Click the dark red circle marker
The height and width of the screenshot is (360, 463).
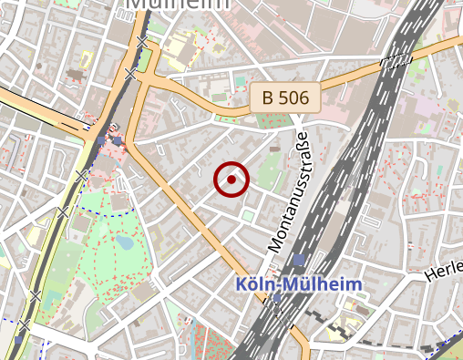pyautogui.click(x=231, y=180)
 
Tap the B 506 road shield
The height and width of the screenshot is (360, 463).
pyautogui.click(x=285, y=97)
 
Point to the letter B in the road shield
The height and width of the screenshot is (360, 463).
pyautogui.click(x=267, y=97)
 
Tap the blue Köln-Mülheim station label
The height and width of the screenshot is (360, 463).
pyautogui.click(x=298, y=283)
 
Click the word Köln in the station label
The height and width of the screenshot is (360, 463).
pyautogui.click(x=254, y=283)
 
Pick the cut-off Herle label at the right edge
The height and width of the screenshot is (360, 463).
pyautogui.click(x=444, y=273)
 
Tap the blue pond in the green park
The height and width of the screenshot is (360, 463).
pyautogui.click(x=124, y=243)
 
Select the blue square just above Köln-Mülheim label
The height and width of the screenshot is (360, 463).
pyautogui.click(x=299, y=261)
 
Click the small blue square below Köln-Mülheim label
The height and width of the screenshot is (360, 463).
pyautogui.click(x=276, y=298)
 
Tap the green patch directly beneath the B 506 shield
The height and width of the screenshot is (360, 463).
pyautogui.click(x=270, y=120)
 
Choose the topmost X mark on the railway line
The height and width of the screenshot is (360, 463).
pyautogui.click(x=142, y=43)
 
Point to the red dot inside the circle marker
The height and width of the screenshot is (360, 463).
pyautogui.click(x=231, y=180)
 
